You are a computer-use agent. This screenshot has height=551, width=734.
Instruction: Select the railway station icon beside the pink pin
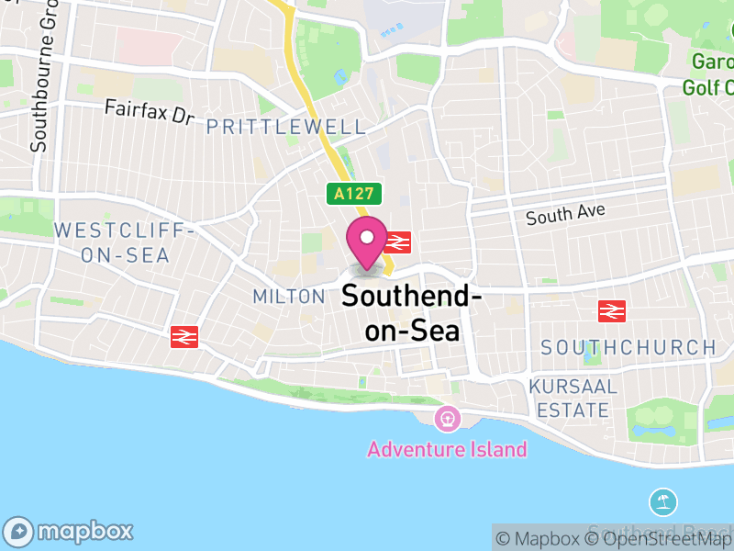click(396, 242)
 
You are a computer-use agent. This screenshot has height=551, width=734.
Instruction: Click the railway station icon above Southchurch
click(611, 311)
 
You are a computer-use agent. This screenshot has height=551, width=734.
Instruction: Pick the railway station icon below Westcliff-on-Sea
click(184, 337)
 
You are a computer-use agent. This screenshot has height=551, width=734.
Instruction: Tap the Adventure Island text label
click(448, 449)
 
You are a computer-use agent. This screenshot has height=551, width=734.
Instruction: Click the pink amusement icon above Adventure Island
click(449, 419)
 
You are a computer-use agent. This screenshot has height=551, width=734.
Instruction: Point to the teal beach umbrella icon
click(663, 502)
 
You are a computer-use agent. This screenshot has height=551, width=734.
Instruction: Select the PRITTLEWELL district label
click(286, 127)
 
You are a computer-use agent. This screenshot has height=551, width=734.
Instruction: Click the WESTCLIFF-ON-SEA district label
click(125, 242)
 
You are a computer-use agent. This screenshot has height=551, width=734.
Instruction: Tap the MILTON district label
click(289, 297)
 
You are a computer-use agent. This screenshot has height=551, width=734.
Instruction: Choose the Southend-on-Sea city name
click(412, 312)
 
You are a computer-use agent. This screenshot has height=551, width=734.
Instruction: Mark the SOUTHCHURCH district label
click(628, 347)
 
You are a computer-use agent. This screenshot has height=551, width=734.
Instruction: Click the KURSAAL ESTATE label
click(573, 398)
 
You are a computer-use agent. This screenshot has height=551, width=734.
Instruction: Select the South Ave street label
click(566, 215)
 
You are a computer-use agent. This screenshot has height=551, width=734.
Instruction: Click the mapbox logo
click(71, 531)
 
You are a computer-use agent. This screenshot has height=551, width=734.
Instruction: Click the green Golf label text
click(708, 87)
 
